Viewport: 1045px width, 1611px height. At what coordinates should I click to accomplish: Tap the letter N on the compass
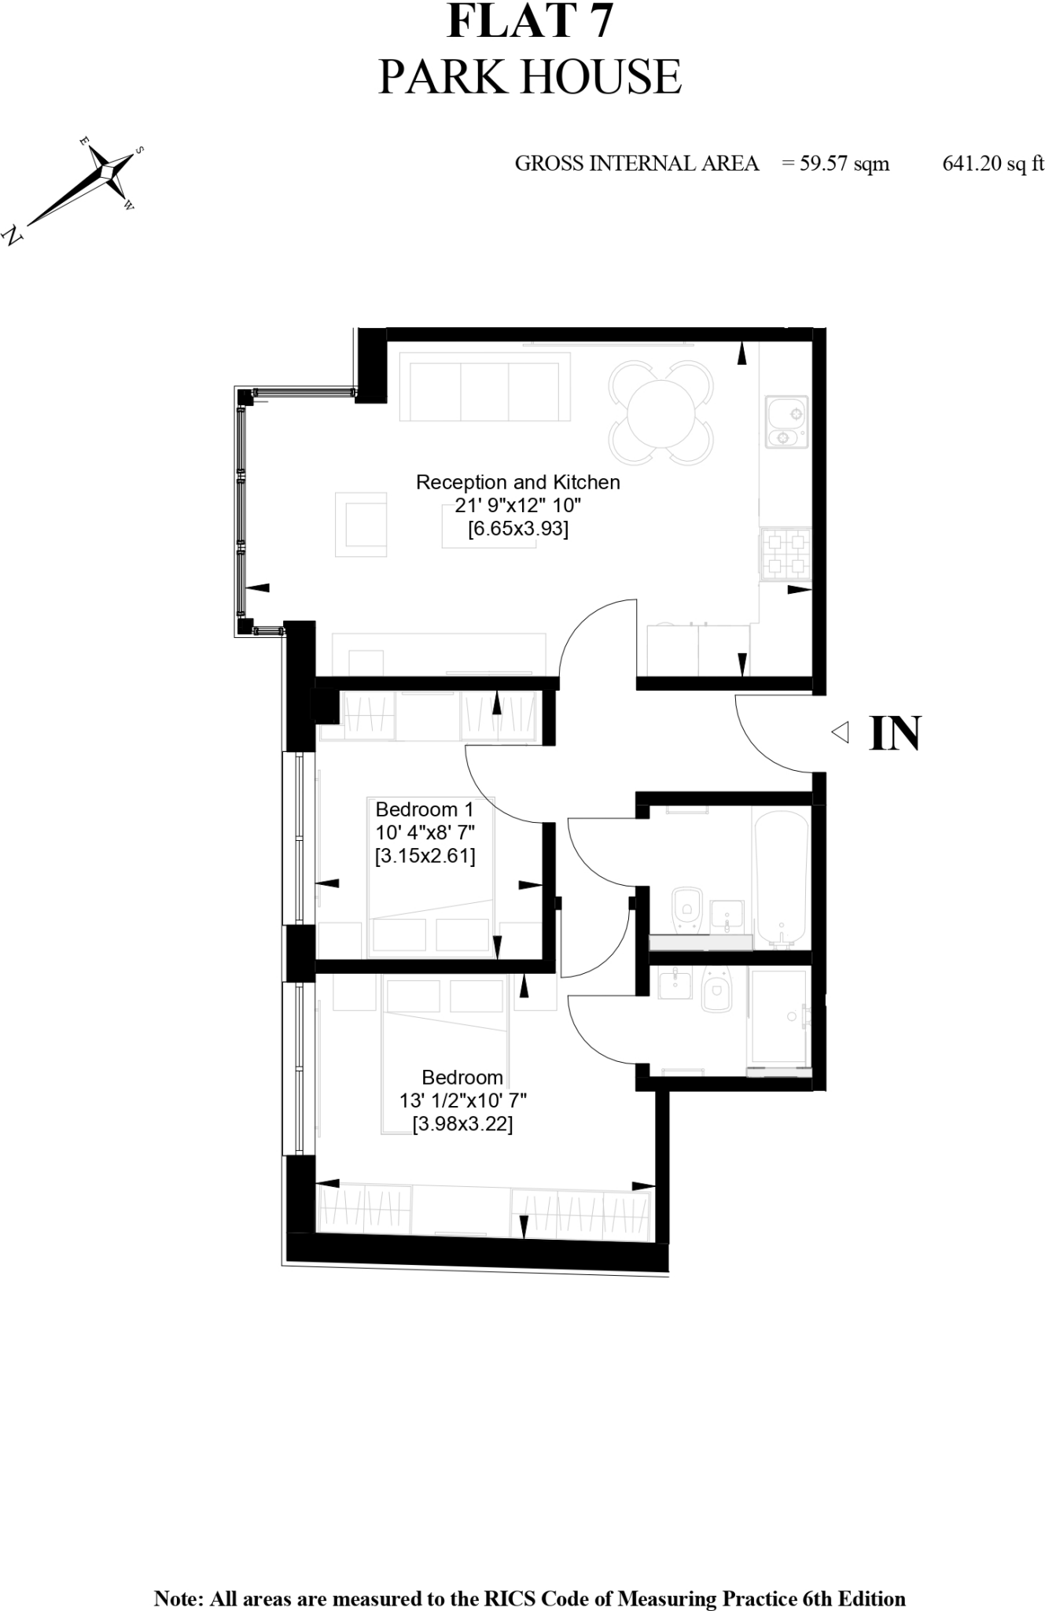13,234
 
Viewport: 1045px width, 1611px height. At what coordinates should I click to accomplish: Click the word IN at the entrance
895,734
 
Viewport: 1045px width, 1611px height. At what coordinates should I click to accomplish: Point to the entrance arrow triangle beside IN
841,733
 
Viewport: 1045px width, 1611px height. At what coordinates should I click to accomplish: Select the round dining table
660,412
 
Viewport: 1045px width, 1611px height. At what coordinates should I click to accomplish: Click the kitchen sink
786,421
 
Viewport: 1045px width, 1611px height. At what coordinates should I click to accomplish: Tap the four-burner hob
785,553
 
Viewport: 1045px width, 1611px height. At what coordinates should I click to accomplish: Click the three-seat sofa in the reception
484,387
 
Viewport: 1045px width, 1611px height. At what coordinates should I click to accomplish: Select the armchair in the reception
361,525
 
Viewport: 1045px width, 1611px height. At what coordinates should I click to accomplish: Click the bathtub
781,877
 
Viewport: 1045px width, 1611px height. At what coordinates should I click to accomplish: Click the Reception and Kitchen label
517,482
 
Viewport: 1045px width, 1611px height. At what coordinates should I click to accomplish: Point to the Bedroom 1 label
425,809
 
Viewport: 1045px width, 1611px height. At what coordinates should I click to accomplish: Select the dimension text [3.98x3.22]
462,1125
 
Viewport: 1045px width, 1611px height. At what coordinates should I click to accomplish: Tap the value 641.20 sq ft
993,164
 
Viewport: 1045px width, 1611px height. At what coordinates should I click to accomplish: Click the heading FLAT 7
529,21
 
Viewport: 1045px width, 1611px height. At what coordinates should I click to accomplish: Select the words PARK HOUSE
529,76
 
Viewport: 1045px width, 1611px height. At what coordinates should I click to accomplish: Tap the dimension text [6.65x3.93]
517,529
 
